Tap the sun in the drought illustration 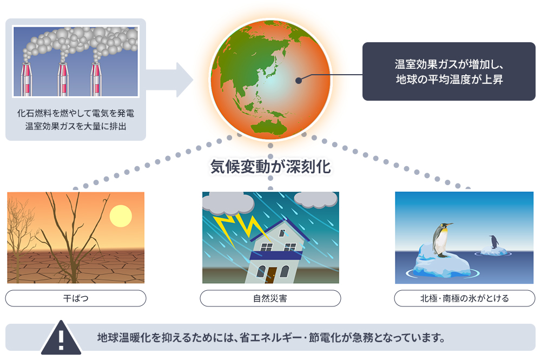(x=121, y=216)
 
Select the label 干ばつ (x=76, y=298)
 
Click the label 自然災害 (x=270, y=298)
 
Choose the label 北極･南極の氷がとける (x=465, y=298)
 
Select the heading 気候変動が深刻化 (x=270, y=167)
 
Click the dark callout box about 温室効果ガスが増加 (x=448, y=71)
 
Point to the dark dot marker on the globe (x=298, y=81)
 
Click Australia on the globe (x=266, y=126)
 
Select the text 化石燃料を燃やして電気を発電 (x=76, y=114)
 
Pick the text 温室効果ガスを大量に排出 (x=76, y=128)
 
